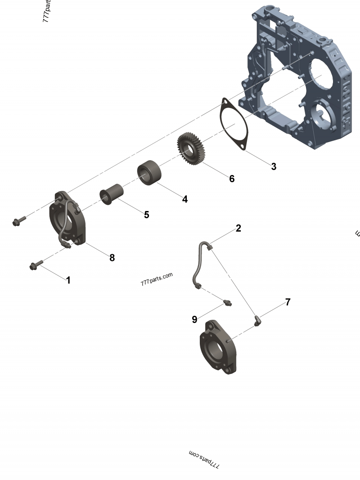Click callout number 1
pos(68,280)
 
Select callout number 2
pos(238,228)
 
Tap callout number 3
pos(274,166)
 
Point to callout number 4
pos(185,199)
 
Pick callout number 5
pos(146,215)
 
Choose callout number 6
pos(232,179)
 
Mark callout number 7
pos(288,302)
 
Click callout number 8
pos(112,257)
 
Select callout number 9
pos(194,319)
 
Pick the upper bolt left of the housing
pos(19,220)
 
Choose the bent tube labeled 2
pos(199,265)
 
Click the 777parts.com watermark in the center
pos(157,279)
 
